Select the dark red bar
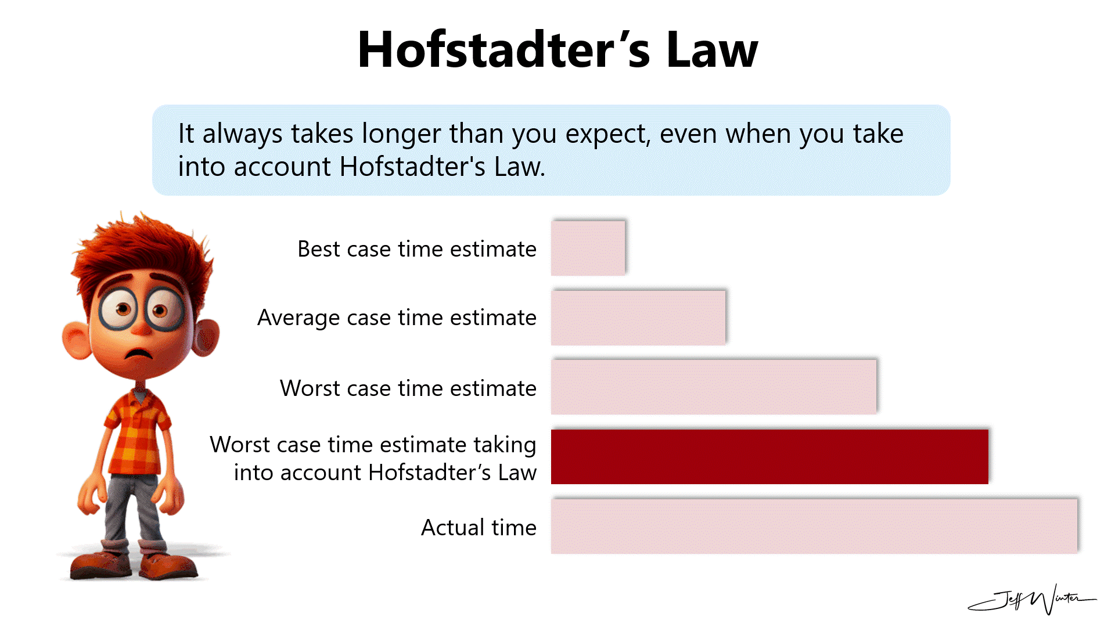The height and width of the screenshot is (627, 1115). pyautogui.click(x=769, y=457)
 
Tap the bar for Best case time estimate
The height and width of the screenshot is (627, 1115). pyautogui.click(x=588, y=248)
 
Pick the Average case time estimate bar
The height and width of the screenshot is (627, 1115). pyautogui.click(x=638, y=318)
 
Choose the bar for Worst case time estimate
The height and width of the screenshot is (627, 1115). pyautogui.click(x=713, y=387)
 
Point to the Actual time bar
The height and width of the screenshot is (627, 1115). pyautogui.click(x=814, y=527)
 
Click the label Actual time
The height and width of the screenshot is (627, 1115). pyautogui.click(x=479, y=528)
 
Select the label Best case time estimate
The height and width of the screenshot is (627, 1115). pyautogui.click(x=416, y=249)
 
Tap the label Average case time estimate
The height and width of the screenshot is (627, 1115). pyautogui.click(x=397, y=318)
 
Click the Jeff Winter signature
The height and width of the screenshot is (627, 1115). pyautogui.click(x=1034, y=600)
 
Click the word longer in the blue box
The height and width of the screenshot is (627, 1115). pyautogui.click(x=401, y=134)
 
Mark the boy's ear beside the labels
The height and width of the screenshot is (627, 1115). pyautogui.click(x=204, y=337)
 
